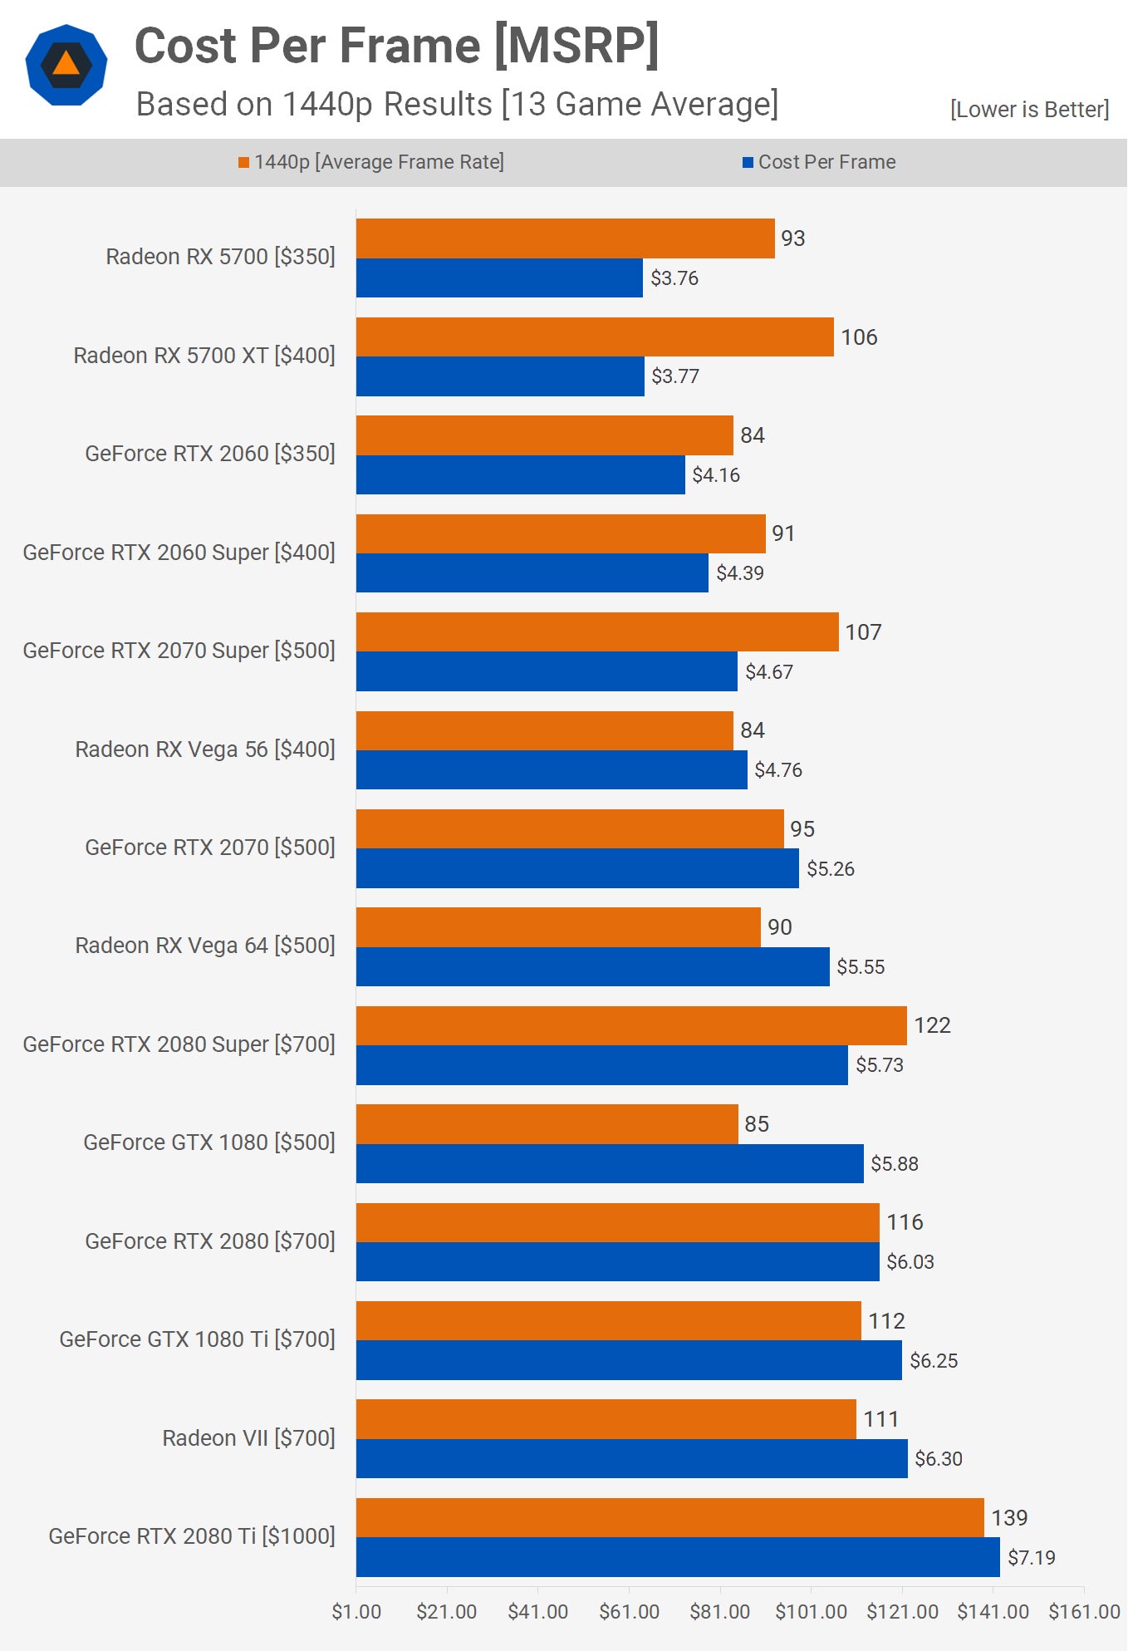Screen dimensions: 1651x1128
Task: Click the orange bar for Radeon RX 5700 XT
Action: point(595,337)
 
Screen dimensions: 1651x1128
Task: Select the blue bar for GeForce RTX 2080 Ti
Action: point(678,1557)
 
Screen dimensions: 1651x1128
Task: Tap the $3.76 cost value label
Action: point(674,278)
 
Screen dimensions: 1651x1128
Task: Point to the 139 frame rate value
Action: point(1009,1518)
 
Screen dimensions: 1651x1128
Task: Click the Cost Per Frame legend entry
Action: point(819,162)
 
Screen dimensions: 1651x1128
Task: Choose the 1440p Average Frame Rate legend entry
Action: point(371,162)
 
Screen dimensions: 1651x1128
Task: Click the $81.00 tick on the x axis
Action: point(719,1612)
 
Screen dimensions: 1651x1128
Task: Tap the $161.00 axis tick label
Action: point(1084,1612)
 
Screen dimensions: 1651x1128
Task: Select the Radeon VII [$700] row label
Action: point(248,1438)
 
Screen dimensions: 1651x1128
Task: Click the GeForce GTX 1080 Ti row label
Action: point(197,1339)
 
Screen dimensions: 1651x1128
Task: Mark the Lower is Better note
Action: point(1029,110)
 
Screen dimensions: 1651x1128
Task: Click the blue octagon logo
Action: point(66,65)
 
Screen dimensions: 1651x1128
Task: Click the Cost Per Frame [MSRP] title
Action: point(397,46)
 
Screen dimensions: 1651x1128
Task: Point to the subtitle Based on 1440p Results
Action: point(457,105)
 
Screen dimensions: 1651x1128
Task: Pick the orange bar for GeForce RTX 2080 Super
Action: point(631,1025)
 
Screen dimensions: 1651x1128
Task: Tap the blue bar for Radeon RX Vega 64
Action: point(593,967)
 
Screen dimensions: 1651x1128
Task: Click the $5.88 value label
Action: point(894,1164)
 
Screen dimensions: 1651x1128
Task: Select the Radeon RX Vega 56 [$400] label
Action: point(205,749)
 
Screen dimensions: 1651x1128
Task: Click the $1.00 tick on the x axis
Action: point(356,1612)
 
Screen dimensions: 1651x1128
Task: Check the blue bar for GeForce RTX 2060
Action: point(521,475)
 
